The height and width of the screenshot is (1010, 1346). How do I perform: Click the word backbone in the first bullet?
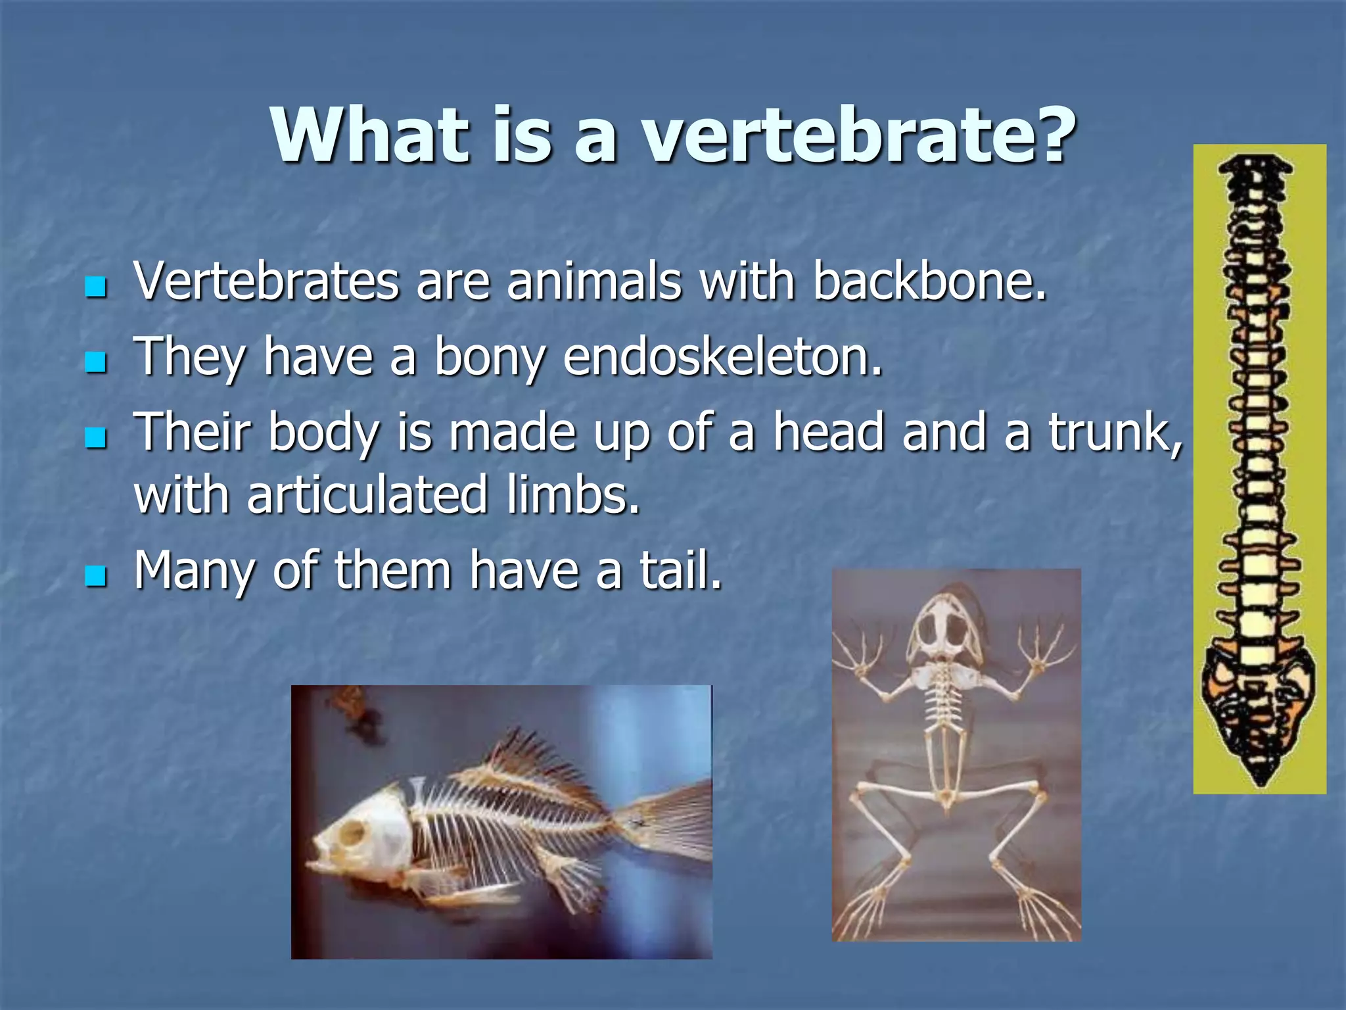(x=929, y=281)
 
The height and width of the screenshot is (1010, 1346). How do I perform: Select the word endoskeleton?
(x=722, y=357)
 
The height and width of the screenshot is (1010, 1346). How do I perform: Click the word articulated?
(x=367, y=494)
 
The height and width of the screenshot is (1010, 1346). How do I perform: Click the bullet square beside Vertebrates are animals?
(x=96, y=287)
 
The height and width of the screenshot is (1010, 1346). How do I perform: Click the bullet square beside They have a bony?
(x=96, y=362)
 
